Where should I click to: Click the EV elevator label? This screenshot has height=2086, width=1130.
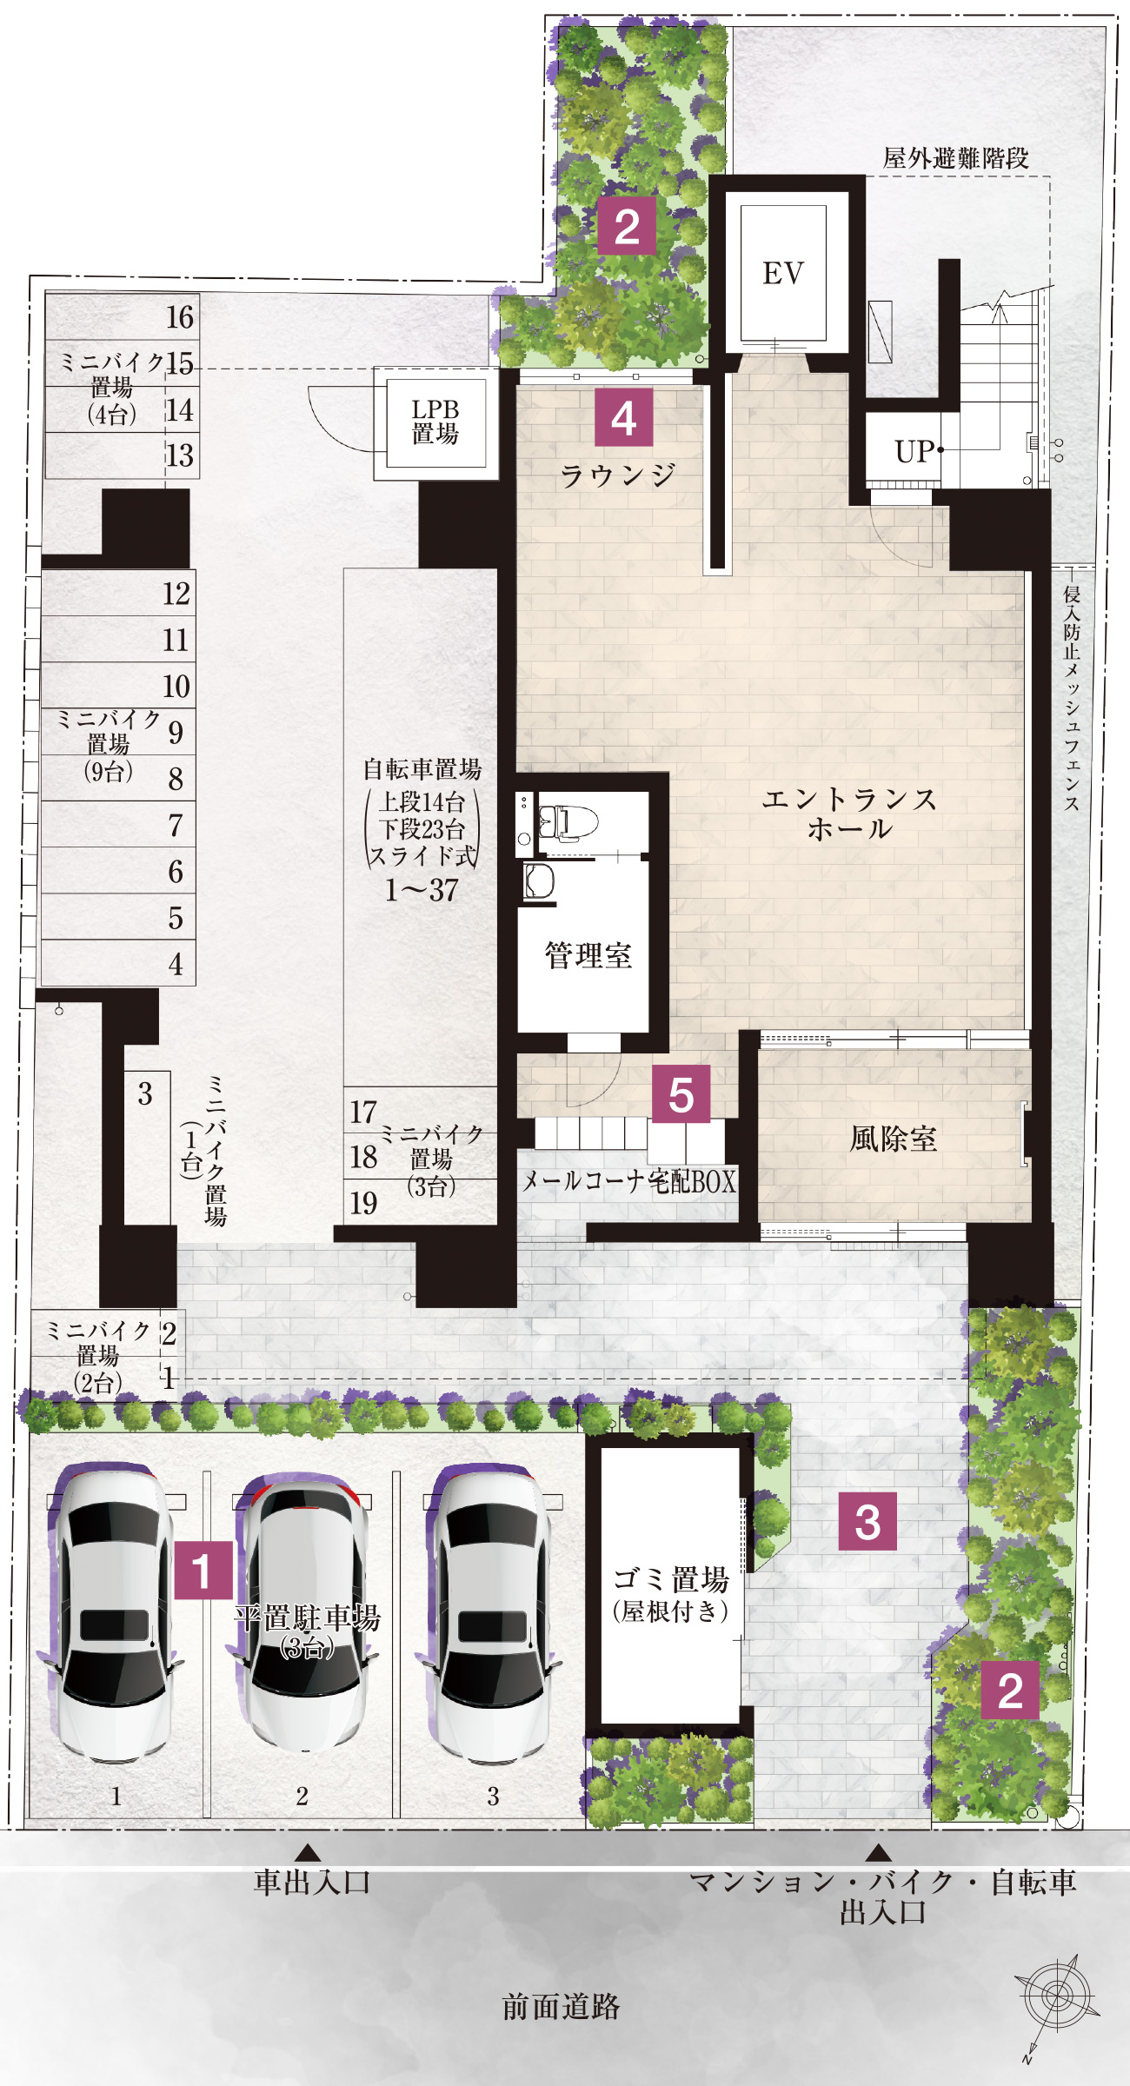(x=783, y=273)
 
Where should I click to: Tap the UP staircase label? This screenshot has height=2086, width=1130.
(x=914, y=452)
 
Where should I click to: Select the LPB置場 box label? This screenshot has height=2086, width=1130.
(x=435, y=422)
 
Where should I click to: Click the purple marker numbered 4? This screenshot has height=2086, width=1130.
(x=623, y=418)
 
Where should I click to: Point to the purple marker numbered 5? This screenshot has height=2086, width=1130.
(x=681, y=1094)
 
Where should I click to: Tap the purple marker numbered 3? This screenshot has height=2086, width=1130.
(x=867, y=1521)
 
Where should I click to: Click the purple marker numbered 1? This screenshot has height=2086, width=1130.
(x=203, y=1571)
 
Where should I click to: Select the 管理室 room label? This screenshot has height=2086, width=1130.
(x=588, y=955)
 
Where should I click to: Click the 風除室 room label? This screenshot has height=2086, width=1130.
(x=894, y=1139)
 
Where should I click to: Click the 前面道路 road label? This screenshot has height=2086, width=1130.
(x=562, y=2007)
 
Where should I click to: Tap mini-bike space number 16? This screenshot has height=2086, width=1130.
(x=180, y=317)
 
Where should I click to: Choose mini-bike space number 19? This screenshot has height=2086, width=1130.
(x=363, y=1204)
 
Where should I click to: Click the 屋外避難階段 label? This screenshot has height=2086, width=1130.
(x=956, y=158)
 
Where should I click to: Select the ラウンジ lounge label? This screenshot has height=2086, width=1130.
(x=618, y=475)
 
